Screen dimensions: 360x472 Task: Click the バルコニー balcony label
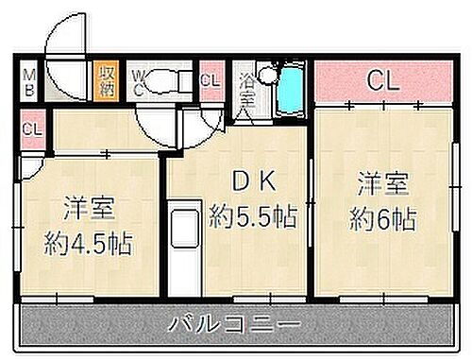(235, 327)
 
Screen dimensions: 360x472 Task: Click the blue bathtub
(294, 92)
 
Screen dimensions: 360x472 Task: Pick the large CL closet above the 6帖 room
(381, 80)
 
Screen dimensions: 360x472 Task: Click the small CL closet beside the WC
(210, 80)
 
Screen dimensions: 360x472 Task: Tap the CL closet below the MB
(30, 128)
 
